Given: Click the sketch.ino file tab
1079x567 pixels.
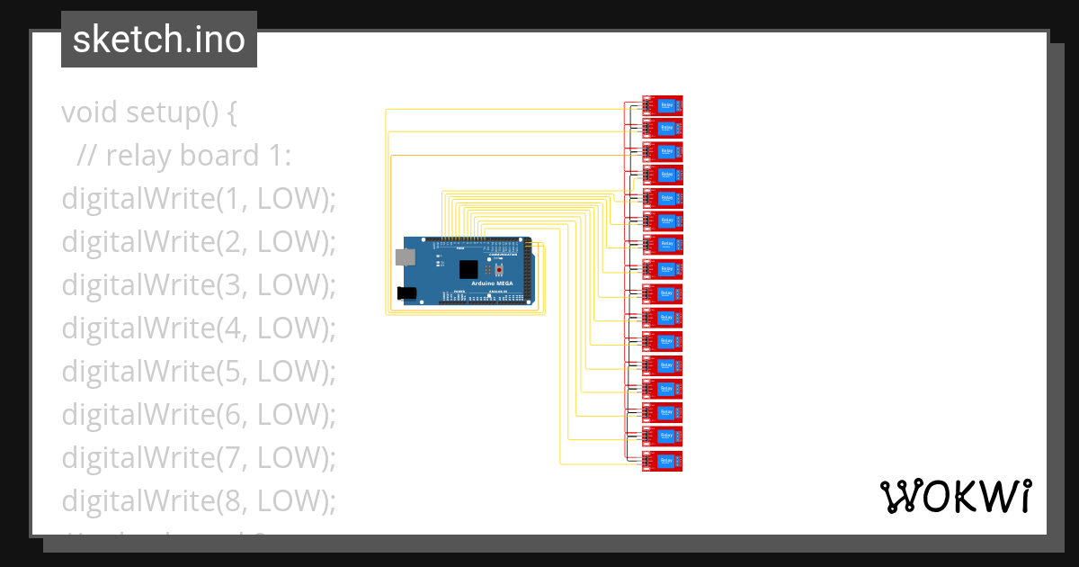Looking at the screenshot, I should [159, 40].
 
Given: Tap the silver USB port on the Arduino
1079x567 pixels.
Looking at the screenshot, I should [406, 257].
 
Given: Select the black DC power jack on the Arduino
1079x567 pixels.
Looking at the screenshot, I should [407, 292].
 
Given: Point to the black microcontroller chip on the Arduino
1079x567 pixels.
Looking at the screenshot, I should [468, 268].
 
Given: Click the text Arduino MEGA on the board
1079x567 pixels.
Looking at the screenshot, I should [493, 283].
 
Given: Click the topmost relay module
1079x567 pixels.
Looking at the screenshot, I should [664, 106].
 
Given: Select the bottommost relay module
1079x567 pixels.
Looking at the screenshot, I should [664, 461].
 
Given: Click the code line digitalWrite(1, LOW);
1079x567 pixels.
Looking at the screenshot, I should [198, 199].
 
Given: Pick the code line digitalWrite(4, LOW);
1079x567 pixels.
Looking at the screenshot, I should [198, 328].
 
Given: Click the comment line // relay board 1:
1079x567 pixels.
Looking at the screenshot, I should [184, 156].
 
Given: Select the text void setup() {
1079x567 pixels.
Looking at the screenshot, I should [149, 113].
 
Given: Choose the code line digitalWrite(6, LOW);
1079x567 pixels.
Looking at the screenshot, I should [198, 414].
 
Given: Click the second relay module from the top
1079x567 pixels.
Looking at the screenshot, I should [664, 129].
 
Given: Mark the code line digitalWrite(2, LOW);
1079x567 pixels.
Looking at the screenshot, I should [198, 242].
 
